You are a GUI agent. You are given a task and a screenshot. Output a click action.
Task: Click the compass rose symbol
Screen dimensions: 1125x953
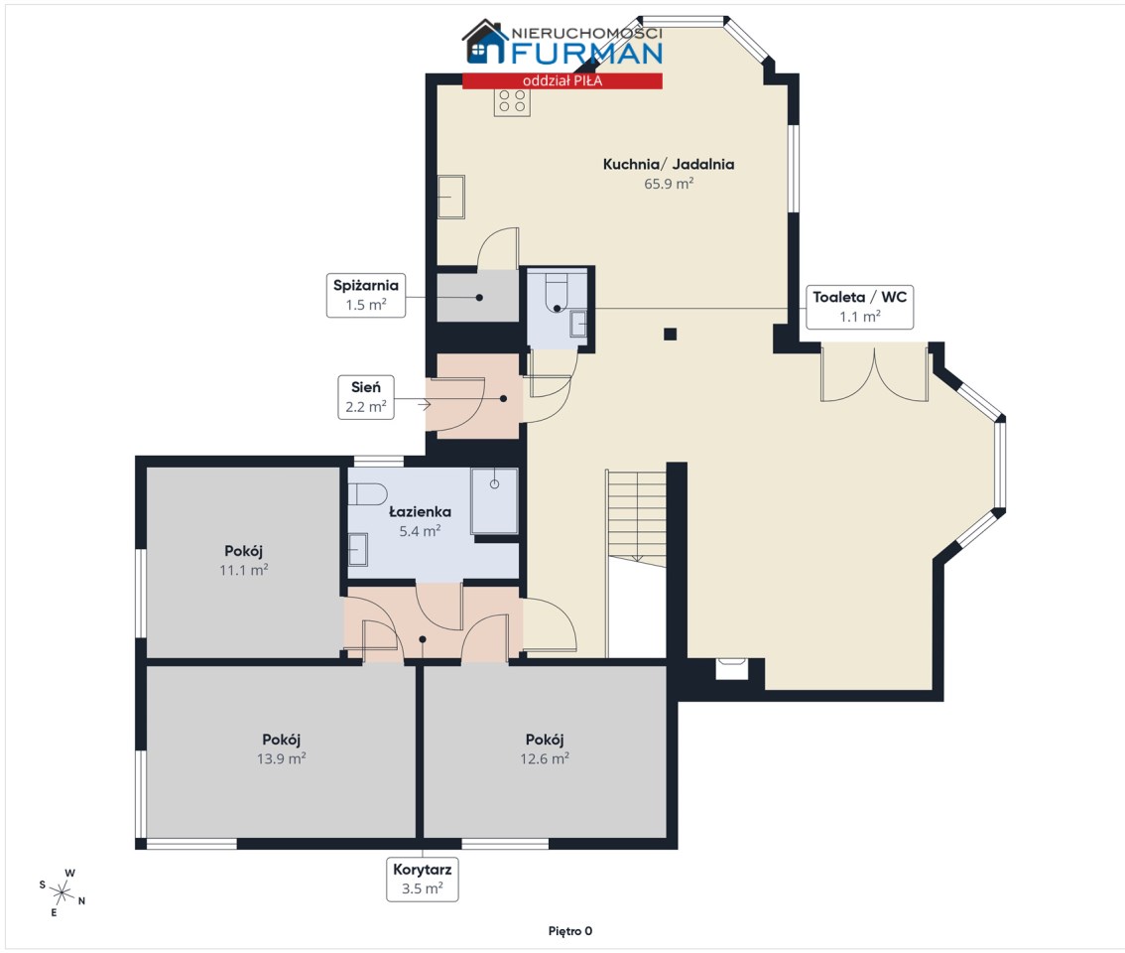pos(62,893)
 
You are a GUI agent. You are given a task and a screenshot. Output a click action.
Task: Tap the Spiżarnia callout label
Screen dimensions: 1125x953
pos(366,295)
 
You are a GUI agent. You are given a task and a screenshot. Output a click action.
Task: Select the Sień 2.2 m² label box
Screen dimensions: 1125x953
pos(366,396)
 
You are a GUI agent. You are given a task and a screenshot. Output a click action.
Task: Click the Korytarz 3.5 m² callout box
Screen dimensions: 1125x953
pos(422,879)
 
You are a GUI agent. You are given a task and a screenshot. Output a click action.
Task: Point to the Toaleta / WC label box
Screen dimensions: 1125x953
pos(859,307)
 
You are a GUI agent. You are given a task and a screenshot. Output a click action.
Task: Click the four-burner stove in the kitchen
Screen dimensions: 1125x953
pos(512,102)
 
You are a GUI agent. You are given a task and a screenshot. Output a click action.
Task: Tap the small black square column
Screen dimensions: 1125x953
pos(670,334)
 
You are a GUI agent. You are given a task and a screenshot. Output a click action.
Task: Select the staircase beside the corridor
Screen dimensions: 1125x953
pos(636,517)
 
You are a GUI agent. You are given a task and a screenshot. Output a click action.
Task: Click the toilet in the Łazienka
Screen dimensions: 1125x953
pos(367,494)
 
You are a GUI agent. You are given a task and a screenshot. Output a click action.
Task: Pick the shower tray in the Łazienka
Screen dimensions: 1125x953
pos(494,500)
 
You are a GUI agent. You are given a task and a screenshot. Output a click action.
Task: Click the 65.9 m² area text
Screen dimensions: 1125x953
pos(669,184)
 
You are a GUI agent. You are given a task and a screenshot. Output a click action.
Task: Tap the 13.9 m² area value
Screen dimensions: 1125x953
pos(282,758)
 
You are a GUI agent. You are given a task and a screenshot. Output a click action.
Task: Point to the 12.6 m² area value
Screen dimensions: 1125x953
pos(545,758)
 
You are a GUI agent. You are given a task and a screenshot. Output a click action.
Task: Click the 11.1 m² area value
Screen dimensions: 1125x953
pos(244,570)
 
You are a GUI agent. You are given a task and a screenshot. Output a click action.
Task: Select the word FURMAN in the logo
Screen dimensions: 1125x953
pos(587,54)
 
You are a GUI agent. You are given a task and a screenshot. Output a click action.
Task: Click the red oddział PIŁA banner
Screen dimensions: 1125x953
pos(562,80)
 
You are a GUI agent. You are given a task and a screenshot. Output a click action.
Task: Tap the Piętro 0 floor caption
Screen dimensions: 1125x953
pos(570,931)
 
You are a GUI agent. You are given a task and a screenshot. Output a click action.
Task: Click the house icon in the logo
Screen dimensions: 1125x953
pos(486,42)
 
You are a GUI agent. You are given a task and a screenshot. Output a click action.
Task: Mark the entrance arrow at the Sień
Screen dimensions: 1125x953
pos(424,405)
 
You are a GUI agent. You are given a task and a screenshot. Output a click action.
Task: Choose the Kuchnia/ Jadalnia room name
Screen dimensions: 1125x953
pos(669,164)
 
